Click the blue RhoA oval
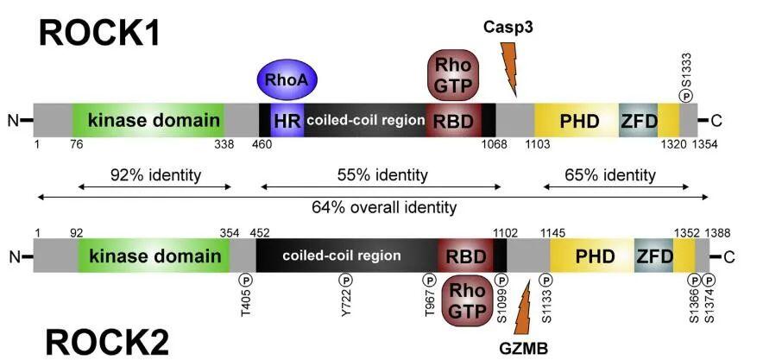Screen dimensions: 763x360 [287, 80]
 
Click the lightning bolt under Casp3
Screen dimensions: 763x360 [508, 68]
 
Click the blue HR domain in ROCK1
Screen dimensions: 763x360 [287, 120]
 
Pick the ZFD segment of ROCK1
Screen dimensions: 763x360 [639, 120]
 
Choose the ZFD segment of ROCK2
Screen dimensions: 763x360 [654, 256]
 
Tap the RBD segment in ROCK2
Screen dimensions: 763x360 [466, 256]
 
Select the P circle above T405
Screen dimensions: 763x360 [246, 280]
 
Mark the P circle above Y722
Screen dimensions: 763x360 [345, 280]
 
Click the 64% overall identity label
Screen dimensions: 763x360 [384, 208]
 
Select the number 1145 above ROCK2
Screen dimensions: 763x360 [552, 233]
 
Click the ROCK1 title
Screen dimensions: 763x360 [99, 34]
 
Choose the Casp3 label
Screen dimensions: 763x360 [508, 28]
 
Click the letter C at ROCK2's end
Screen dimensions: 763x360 [728, 256]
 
